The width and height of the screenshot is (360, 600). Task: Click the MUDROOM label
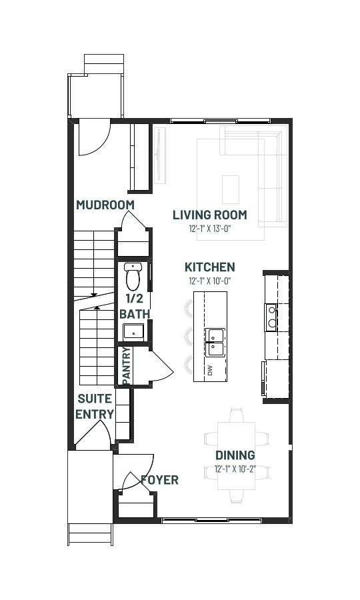(x=105, y=205)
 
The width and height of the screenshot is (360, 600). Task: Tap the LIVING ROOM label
(x=210, y=215)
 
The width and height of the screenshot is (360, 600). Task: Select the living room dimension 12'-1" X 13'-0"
(x=210, y=229)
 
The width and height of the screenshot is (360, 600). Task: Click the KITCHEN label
(x=209, y=267)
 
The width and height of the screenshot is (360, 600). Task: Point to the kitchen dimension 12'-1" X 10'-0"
(x=209, y=281)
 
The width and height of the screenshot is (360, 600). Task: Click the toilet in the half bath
(x=133, y=276)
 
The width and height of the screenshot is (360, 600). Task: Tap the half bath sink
(x=133, y=332)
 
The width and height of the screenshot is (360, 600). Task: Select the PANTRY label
(x=127, y=366)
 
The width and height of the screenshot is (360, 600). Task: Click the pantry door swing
(x=163, y=367)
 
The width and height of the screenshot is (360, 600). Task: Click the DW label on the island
(x=209, y=371)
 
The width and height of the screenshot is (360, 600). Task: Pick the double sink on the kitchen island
(x=215, y=342)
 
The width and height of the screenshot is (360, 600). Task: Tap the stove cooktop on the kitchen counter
(x=271, y=317)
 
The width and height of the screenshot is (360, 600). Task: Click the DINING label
(x=235, y=455)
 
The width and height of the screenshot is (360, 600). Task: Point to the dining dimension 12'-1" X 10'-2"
(x=235, y=469)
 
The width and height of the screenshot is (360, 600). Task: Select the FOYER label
(x=159, y=480)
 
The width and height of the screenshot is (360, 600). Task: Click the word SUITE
(x=95, y=399)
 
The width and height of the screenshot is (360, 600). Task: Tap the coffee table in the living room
(x=231, y=189)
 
